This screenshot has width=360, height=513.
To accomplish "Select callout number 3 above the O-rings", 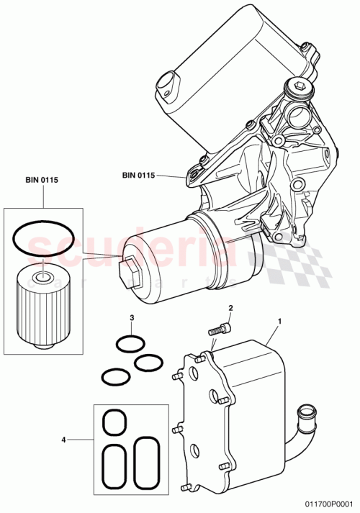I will click(x=132, y=317).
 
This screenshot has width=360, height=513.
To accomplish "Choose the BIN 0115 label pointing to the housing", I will click(x=139, y=174).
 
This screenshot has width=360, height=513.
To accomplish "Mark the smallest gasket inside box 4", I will click(x=112, y=422).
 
